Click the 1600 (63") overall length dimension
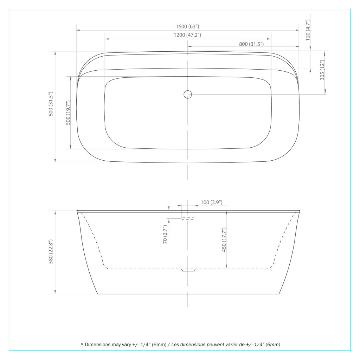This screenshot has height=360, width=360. (187, 26)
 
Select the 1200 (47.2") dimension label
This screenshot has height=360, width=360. (187, 35)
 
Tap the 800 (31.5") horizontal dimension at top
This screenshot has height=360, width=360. (251, 44)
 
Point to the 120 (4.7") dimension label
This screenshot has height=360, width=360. (308, 30)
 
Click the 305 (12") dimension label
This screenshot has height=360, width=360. (322, 70)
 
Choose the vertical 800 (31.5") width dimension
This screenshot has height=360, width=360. (51, 104)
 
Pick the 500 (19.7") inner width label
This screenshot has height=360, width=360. (68, 112)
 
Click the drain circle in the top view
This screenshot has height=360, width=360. (188, 94)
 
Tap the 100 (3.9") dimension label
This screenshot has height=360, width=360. (211, 202)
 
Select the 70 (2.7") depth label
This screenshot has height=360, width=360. (165, 234)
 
